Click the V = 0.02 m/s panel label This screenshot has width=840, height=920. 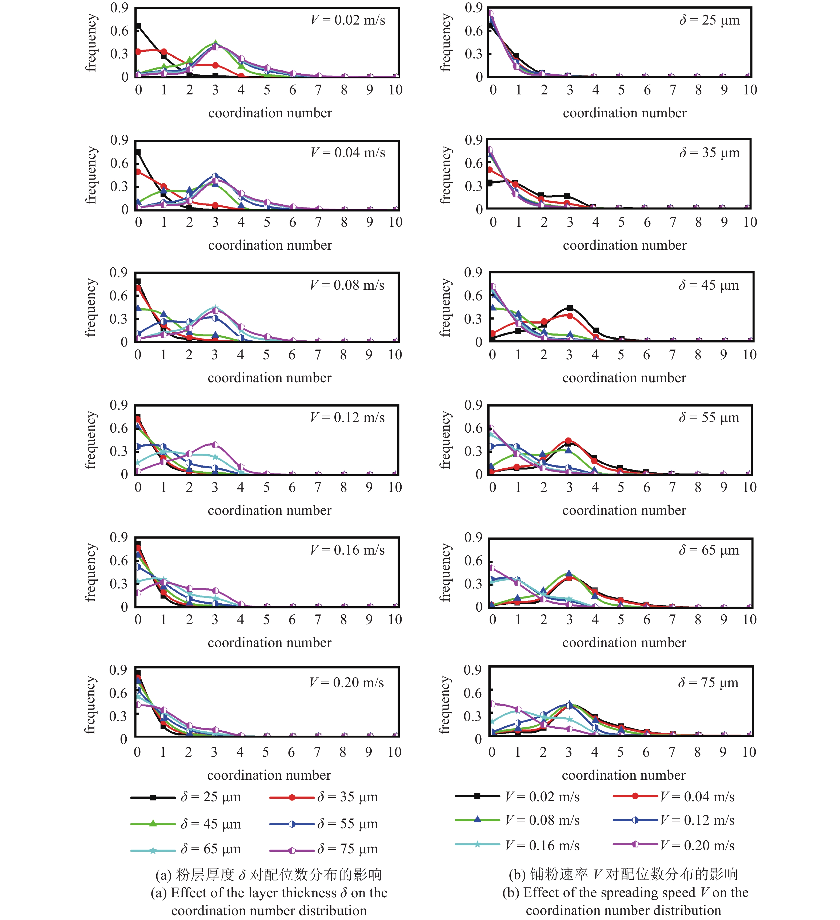pyautogui.click(x=348, y=20)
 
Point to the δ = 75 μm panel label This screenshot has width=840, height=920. pyautogui.click(x=708, y=683)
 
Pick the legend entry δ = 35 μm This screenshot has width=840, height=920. pyautogui.click(x=292, y=797)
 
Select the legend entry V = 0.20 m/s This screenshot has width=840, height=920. pyautogui.click(x=635, y=845)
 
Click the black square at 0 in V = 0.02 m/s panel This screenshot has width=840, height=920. pyautogui.click(x=138, y=26)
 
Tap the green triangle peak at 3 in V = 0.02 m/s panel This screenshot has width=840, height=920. pyautogui.click(x=215, y=43)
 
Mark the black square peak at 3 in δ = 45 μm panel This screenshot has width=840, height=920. pyautogui.click(x=569, y=308)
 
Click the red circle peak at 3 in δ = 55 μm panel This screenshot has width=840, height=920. pyautogui.click(x=569, y=441)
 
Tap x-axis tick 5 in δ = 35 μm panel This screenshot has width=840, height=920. pyautogui.click(x=621, y=222)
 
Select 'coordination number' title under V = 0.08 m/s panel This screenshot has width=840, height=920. pyautogui.click(x=270, y=378)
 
